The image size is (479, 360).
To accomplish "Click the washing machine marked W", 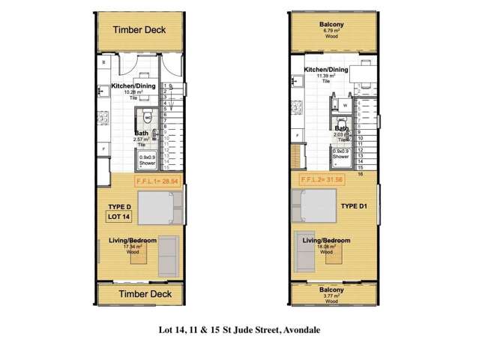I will click(x=345, y=106).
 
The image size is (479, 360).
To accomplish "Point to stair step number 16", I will click(x=361, y=173).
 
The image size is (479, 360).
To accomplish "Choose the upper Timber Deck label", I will click(x=139, y=30).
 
